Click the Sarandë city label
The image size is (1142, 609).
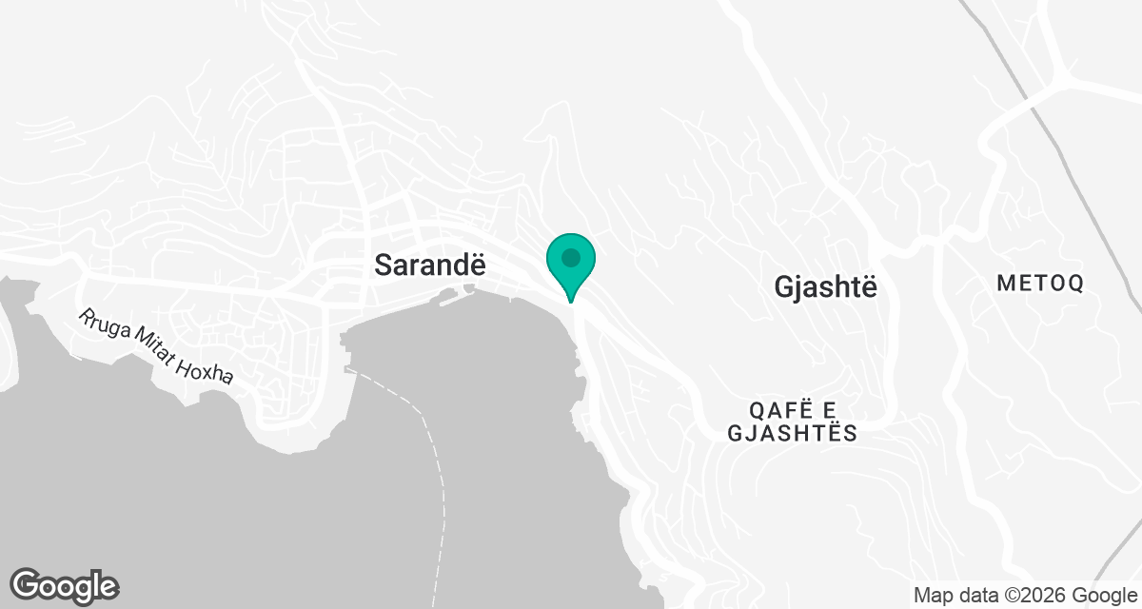(x=423, y=265)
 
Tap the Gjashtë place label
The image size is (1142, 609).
(x=824, y=285)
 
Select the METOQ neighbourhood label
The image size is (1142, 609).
(x=1040, y=283)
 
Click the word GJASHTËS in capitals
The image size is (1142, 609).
(x=792, y=434)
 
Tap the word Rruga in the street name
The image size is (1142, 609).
(x=98, y=326)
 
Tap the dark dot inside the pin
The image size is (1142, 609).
(x=571, y=257)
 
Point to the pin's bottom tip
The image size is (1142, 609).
(x=571, y=301)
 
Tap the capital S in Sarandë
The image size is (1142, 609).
(x=384, y=265)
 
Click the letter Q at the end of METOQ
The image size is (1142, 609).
(x=1075, y=283)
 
